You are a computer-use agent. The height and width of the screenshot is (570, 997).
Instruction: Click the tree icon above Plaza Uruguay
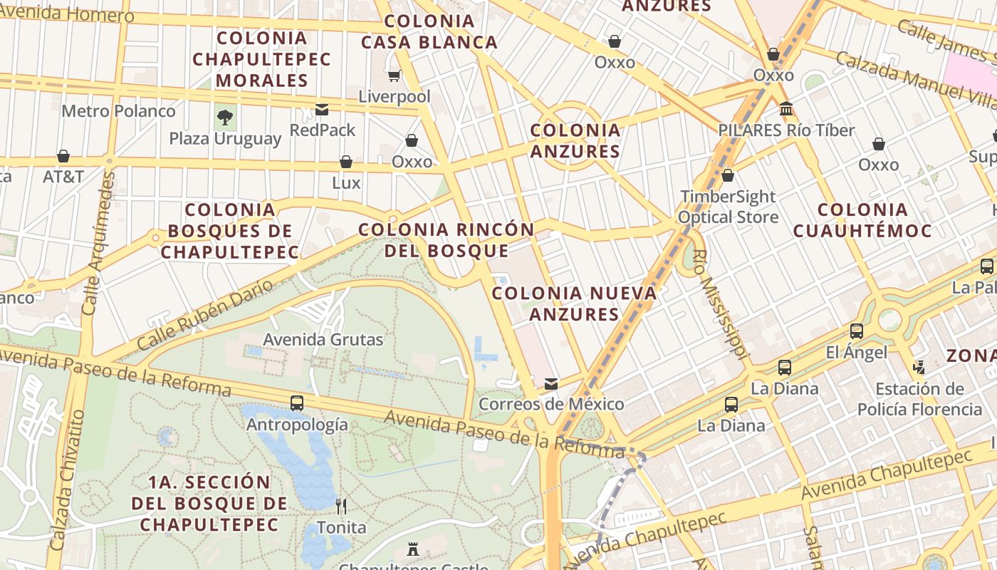click(225, 117)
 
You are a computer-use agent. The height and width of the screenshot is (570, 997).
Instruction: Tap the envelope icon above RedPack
click(322, 110)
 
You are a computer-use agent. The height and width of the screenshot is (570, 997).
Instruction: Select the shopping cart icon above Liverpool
click(394, 76)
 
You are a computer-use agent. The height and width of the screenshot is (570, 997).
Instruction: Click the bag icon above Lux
click(346, 162)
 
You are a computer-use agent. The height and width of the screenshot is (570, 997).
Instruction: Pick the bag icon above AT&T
click(63, 156)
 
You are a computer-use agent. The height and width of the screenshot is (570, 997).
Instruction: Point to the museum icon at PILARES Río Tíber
click(786, 109)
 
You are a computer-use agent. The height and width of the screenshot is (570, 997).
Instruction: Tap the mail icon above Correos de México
click(550, 384)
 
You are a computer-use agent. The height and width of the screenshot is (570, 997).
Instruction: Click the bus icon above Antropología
click(297, 403)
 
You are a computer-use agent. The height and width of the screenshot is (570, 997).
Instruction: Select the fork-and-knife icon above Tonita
click(341, 507)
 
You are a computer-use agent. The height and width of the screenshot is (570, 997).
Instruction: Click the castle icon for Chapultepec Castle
click(412, 549)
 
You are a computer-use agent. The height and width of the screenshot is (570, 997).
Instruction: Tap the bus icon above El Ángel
click(857, 331)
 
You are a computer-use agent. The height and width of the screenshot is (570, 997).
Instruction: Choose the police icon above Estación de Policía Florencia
click(919, 368)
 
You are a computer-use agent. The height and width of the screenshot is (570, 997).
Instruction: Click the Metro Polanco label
click(118, 111)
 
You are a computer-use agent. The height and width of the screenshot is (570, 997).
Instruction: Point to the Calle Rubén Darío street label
click(204, 315)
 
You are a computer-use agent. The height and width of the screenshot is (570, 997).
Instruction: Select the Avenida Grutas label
click(323, 340)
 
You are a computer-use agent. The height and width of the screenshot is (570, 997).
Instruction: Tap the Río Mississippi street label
click(722, 304)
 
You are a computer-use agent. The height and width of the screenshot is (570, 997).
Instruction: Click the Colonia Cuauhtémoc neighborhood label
click(862, 220)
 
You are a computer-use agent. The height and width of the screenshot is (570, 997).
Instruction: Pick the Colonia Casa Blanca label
click(429, 31)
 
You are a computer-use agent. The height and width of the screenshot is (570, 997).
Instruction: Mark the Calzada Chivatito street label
click(68, 480)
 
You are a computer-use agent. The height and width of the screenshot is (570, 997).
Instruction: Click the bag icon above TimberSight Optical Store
click(728, 175)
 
